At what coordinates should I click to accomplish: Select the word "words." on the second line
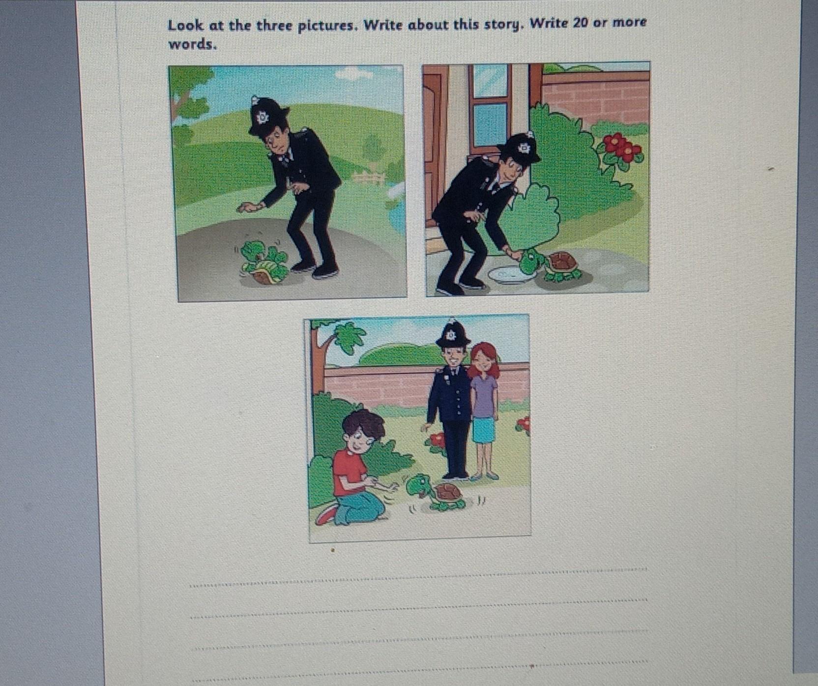pyautogui.click(x=192, y=44)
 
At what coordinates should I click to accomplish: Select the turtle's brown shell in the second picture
pyautogui.click(x=562, y=262)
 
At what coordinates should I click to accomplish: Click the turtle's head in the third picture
pyautogui.click(x=417, y=485)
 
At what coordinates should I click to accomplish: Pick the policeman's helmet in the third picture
pyautogui.click(x=453, y=334)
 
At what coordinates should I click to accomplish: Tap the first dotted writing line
pyautogui.click(x=418, y=578)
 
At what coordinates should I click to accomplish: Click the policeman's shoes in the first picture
pyautogui.click(x=315, y=268)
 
